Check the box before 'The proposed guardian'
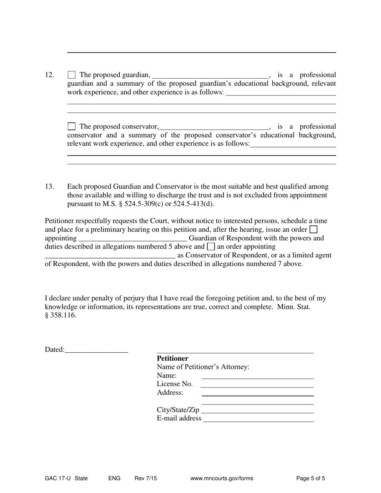point(71,75)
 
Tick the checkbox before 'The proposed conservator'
point(71,126)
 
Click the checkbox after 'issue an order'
point(314,229)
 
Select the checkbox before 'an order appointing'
point(211,246)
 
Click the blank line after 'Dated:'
point(96,350)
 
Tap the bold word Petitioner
point(172,358)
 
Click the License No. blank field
point(257,384)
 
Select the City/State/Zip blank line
point(257,410)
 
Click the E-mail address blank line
point(259,418)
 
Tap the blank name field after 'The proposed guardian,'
point(211,75)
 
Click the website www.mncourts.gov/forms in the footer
point(222,478)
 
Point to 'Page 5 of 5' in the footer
point(310,478)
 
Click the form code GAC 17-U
point(58,478)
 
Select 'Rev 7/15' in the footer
point(146,478)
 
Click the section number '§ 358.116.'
point(61,315)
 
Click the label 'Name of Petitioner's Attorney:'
point(203,367)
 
